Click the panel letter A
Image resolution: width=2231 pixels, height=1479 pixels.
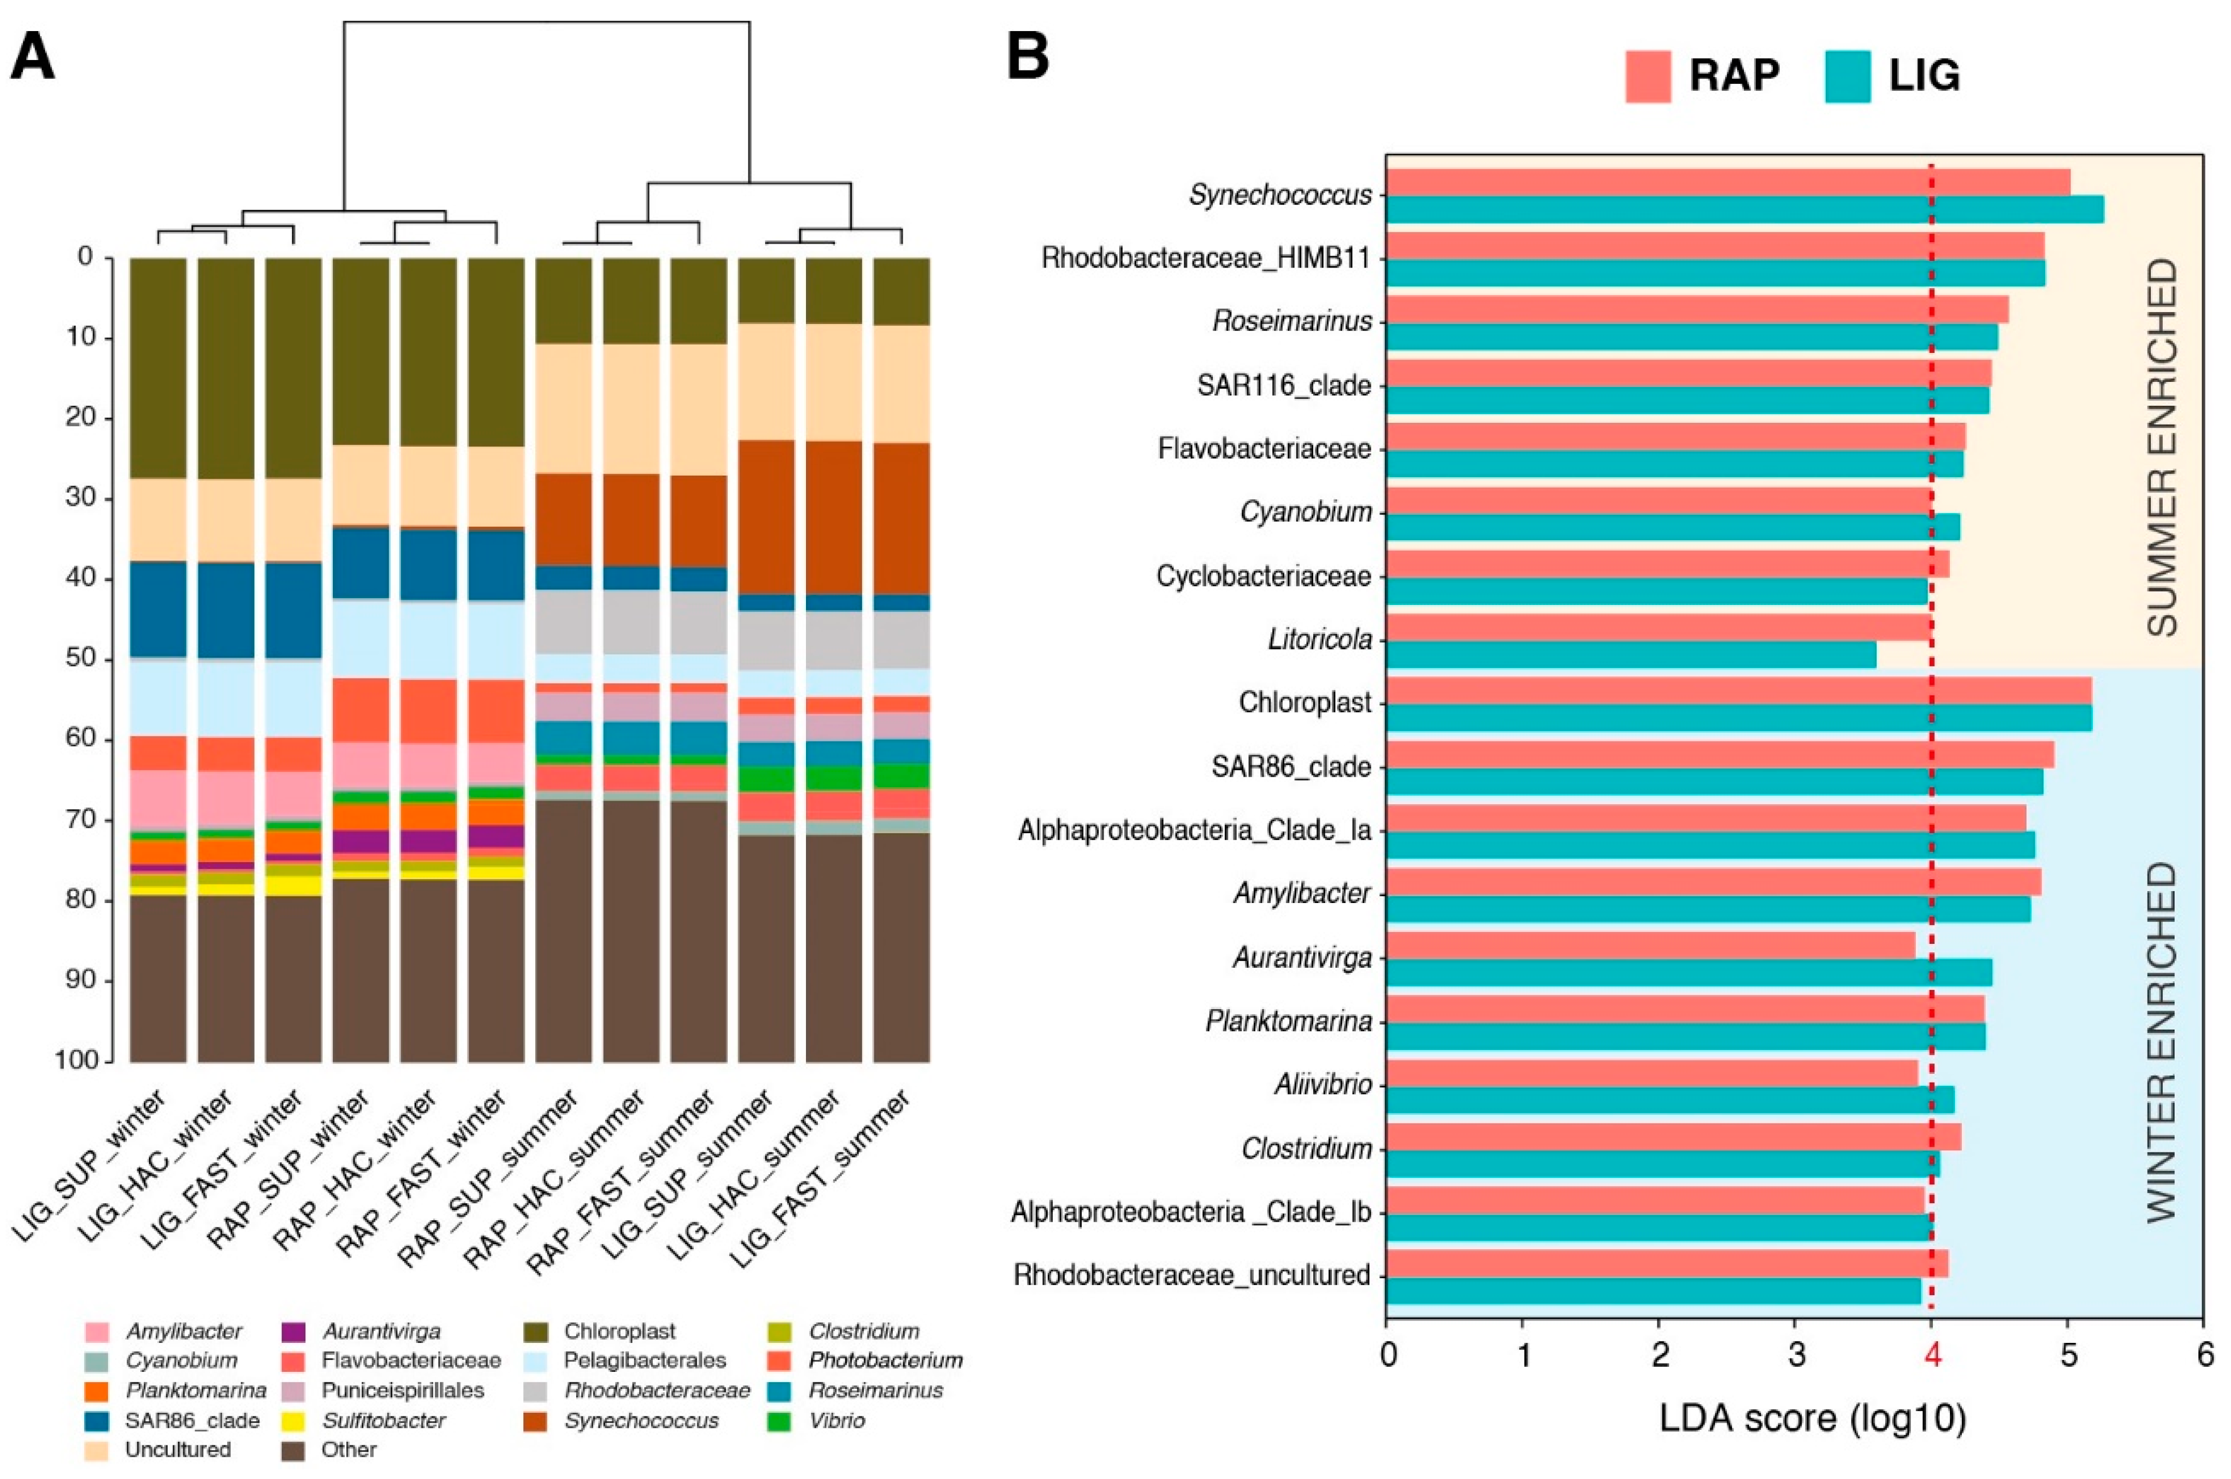coord(33,58)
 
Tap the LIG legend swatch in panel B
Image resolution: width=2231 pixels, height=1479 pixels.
coord(1847,76)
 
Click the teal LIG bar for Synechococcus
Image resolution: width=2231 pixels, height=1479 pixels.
coord(1744,210)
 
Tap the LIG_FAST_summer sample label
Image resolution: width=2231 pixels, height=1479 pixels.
coord(820,1179)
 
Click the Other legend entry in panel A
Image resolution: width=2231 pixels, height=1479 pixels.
coord(348,1450)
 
